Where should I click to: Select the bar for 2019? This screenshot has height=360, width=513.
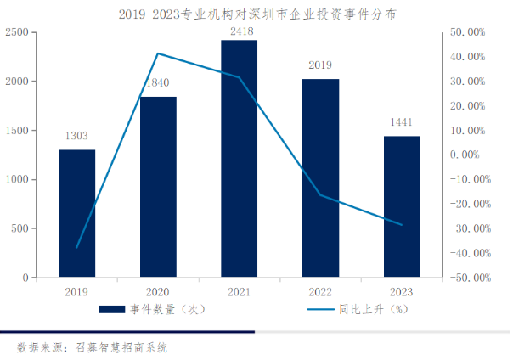[x=76, y=213]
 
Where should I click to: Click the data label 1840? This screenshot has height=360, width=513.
[x=158, y=84]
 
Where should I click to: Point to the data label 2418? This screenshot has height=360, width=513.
[x=239, y=32]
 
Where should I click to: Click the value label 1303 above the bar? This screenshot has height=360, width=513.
[x=76, y=136]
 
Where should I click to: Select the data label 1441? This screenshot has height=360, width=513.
[x=401, y=122]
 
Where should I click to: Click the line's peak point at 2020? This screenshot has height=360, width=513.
[x=158, y=53]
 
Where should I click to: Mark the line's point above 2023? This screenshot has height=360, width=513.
[x=401, y=225]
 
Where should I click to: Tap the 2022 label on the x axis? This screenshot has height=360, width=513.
[x=320, y=290]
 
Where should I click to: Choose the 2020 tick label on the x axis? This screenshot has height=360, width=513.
[x=158, y=290]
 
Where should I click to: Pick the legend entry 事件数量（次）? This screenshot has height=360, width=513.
[x=162, y=310]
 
